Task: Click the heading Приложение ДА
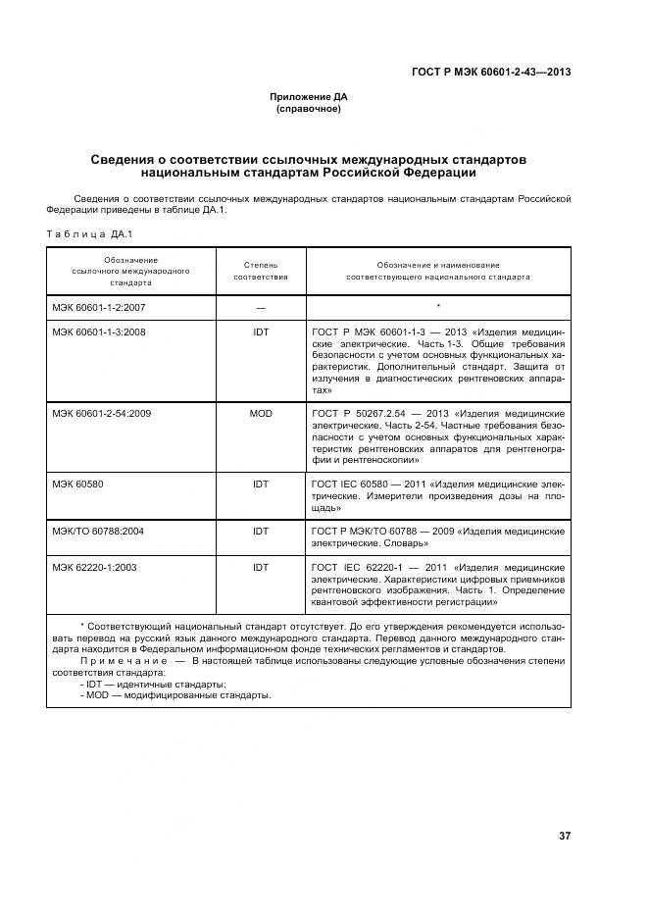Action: [309, 96]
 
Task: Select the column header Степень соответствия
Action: [260, 271]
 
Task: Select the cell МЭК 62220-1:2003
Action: [94, 567]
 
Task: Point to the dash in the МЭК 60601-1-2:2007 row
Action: [261, 308]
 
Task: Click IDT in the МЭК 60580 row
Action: [261, 484]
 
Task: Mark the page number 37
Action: [564, 836]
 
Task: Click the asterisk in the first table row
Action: [437, 308]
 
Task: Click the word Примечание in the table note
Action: [118, 661]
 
